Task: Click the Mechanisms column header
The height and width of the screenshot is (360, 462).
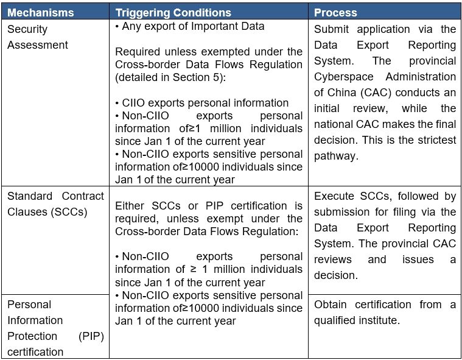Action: pyautogui.click(x=40, y=13)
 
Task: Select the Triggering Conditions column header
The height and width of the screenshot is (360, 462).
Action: pyautogui.click(x=173, y=13)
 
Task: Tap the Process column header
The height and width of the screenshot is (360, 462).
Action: pyautogui.click(x=335, y=13)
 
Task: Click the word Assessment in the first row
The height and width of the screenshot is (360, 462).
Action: pyautogui.click(x=37, y=45)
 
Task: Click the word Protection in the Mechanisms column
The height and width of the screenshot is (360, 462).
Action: pyautogui.click(x=32, y=336)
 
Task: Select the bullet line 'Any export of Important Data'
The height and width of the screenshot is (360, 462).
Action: pyautogui.click(x=190, y=26)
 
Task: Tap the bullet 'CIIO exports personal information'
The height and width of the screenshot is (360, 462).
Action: pyautogui.click(x=202, y=103)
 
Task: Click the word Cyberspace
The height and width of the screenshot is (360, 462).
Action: pyautogui.click(x=343, y=77)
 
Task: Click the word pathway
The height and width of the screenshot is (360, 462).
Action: pyautogui.click(x=336, y=156)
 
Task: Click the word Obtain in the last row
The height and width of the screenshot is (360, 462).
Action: pyautogui.click(x=330, y=305)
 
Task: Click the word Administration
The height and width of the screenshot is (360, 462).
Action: pyautogui.click(x=421, y=77)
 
